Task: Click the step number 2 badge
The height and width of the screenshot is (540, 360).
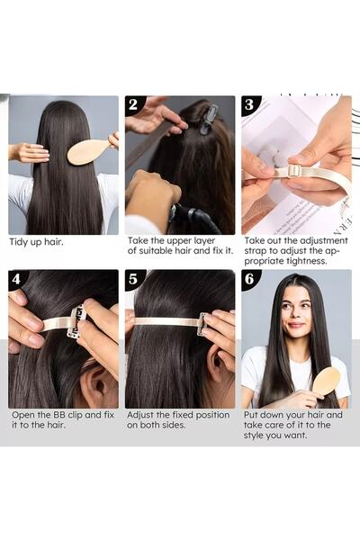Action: coord(133,104)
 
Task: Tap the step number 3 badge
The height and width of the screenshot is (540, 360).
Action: coord(249,104)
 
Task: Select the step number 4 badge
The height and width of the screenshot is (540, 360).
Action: coord(16,279)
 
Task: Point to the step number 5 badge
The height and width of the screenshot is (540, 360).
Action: coord(133,279)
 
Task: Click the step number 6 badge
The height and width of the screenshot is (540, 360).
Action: coord(249,279)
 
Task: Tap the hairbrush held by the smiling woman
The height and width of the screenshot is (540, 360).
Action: coord(326,382)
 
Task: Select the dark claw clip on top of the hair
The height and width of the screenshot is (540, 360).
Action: coord(209,119)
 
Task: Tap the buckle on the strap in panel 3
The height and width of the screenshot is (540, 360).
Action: coord(292,171)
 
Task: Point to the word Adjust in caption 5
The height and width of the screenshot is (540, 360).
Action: coord(139,415)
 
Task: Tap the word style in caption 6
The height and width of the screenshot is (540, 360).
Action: coord(253,436)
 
